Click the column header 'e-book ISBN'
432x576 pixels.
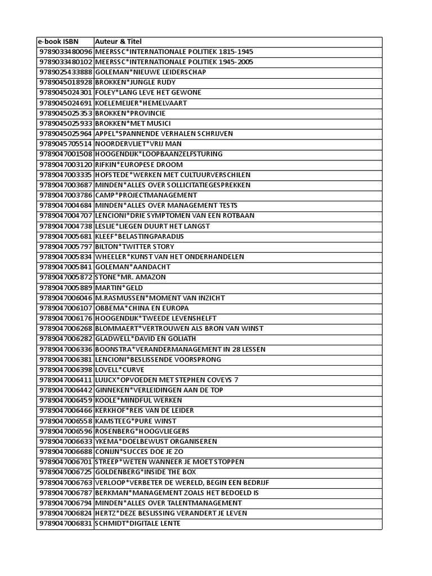pos(58,42)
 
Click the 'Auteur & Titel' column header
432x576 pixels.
pos(119,42)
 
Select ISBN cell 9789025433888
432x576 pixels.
pos(65,73)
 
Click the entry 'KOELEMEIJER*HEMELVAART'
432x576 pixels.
pos(141,103)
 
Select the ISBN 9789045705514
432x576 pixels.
pos(65,144)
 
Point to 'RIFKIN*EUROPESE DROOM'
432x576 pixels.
pos(139,164)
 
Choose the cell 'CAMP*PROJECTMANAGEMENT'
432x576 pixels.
pos(146,195)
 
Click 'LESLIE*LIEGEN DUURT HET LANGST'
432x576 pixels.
pos(152,226)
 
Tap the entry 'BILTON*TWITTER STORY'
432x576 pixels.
pos(134,246)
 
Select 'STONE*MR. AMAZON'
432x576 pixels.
pos(129,277)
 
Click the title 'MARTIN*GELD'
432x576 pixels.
pos(119,287)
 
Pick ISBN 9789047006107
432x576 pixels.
pos(65,308)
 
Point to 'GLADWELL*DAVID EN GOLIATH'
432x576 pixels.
pos(145,339)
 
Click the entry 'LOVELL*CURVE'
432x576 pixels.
pos(120,370)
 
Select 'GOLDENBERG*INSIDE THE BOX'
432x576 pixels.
pos(146,472)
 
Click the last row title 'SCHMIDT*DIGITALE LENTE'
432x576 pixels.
pos(138,523)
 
